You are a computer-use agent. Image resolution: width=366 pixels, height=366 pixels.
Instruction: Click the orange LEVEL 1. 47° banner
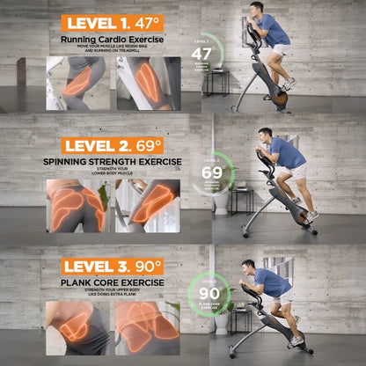(113, 24)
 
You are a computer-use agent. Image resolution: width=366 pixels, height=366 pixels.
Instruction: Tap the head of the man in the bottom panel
(249, 266)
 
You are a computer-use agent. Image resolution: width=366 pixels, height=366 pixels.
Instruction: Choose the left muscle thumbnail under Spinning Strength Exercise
(79, 206)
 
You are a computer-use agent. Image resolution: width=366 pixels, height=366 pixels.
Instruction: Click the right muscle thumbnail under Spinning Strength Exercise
(147, 206)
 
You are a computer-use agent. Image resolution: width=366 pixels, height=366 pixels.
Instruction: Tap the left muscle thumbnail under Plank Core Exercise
(79, 327)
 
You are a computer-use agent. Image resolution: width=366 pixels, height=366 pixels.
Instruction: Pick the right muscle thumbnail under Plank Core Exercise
(147, 327)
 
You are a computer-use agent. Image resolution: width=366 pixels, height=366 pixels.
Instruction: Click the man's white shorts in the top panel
(281, 50)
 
